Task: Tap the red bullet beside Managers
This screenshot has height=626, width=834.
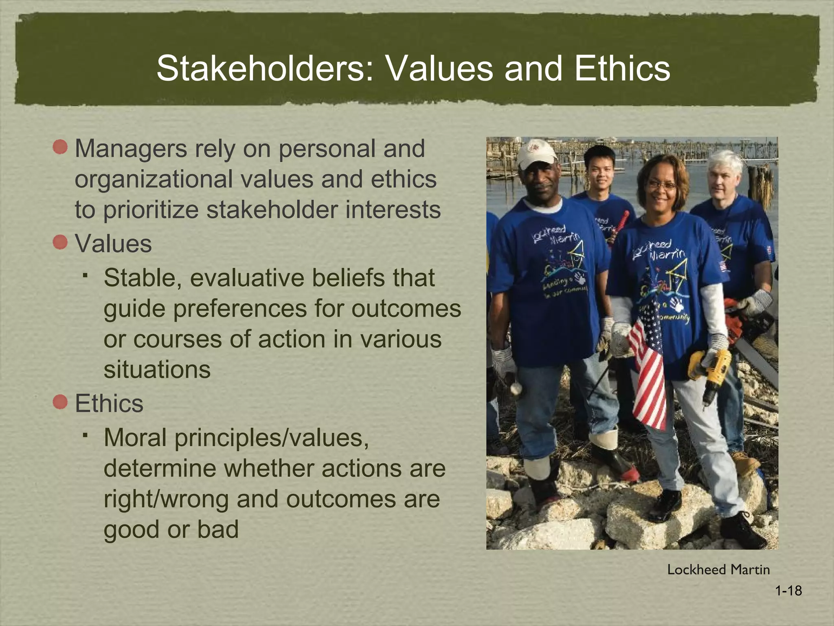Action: tap(60, 147)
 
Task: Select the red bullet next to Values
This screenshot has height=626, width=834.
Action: tap(60, 243)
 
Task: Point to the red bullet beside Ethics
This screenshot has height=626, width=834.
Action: tap(60, 403)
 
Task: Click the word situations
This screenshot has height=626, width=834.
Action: tap(157, 370)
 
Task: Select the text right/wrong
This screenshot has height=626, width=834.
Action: tap(166, 499)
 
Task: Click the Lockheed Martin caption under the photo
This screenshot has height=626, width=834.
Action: tap(718, 570)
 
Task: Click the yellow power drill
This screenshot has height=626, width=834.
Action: tap(709, 369)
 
